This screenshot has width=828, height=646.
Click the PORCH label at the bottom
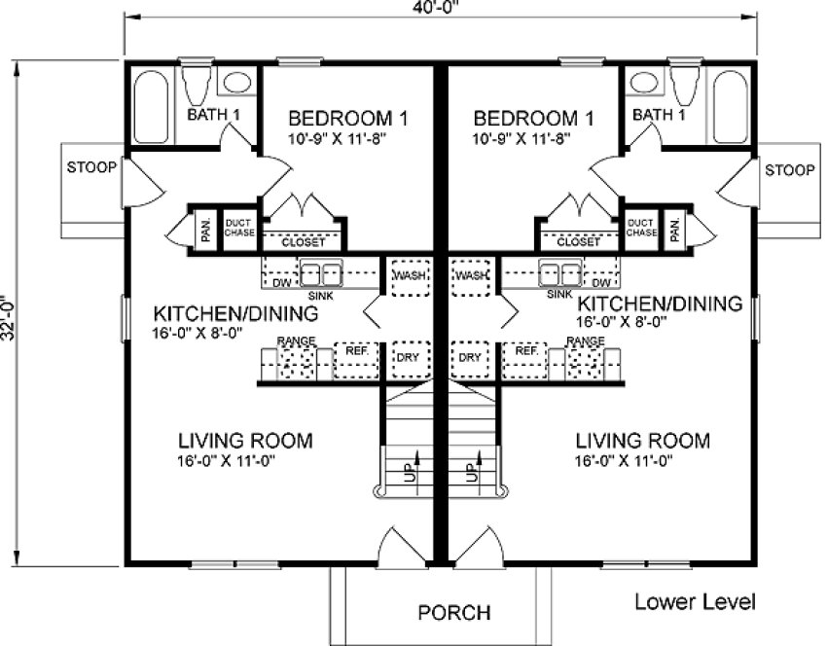tap(454, 613)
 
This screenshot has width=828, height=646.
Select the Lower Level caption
tap(695, 600)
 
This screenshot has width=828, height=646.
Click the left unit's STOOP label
tap(91, 167)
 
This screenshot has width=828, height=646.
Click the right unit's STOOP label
tap(789, 170)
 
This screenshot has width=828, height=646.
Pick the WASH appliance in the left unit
tap(406, 275)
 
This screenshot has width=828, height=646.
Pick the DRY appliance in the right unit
tap(470, 357)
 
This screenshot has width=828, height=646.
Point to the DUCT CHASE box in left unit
tap(238, 228)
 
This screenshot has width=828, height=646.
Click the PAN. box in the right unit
tap(675, 228)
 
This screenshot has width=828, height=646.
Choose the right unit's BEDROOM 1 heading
tap(533, 119)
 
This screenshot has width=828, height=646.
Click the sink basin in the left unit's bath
tap(235, 83)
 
